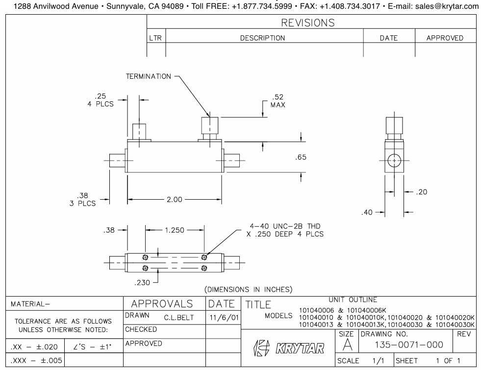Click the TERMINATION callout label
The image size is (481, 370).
pos(148,76)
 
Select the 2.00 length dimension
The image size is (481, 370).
pos(175,199)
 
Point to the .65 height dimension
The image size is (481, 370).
pos(301,157)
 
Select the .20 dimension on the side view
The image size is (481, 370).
pos(422,192)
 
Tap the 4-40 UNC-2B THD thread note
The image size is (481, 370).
pos(284,230)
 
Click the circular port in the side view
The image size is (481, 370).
pos(394,161)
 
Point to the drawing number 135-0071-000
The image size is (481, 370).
pos(402,345)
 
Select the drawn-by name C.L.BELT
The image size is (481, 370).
pos(179,318)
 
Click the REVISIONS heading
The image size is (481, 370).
pos(308,23)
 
